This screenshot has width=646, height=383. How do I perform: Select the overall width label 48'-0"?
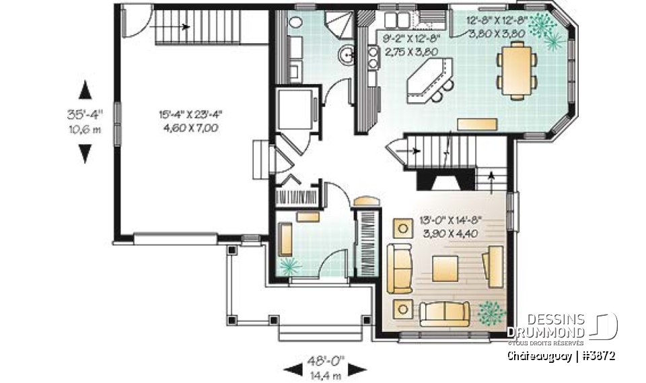click(x=326, y=358)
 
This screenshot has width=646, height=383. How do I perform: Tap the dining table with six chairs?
click(x=517, y=70)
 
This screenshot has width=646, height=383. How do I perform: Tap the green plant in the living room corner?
click(x=491, y=312)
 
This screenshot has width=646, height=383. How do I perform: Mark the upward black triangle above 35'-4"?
click(x=85, y=89)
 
